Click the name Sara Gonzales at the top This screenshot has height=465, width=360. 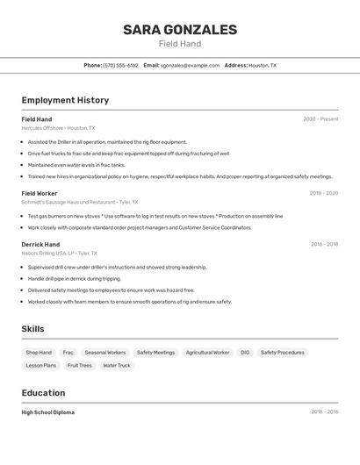click(180, 30)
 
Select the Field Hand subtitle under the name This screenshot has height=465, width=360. click(180, 44)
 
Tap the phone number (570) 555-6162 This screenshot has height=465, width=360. click(120, 65)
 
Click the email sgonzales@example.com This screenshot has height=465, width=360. click(190, 65)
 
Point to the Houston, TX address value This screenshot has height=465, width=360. click(263, 65)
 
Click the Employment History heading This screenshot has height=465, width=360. click(65, 100)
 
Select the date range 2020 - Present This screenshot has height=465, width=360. click(320, 119)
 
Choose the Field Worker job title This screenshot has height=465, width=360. click(40, 193)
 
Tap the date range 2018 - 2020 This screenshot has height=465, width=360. click(323, 193)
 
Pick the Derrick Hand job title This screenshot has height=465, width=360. click(40, 244)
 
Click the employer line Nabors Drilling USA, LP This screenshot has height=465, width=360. click(60, 253)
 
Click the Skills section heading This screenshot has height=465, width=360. click(33, 329)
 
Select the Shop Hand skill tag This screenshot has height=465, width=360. click(39, 353)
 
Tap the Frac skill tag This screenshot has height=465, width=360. click(68, 353)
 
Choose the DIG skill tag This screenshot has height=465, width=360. click(245, 353)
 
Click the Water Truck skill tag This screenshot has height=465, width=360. click(117, 365)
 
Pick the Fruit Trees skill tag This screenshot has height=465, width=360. click(80, 365)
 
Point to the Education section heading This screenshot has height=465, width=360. click(43, 393)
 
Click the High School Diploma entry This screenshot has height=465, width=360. click(48, 412)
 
